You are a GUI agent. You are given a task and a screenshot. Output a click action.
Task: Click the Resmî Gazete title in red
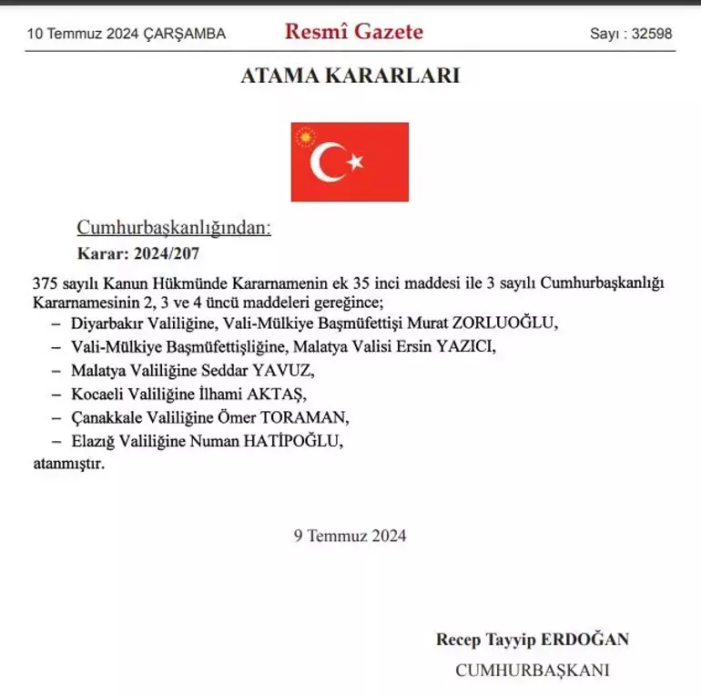[x=354, y=32]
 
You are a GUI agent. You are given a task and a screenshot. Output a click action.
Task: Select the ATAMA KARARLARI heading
[x=350, y=76]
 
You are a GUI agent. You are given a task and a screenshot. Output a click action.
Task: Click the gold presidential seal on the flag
[x=305, y=137]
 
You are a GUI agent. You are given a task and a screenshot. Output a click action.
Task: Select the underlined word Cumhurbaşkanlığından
[x=173, y=228]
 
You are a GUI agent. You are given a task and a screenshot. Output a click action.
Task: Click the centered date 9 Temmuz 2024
[x=350, y=536]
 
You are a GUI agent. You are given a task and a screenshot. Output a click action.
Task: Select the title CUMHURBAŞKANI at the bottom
[x=532, y=671]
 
